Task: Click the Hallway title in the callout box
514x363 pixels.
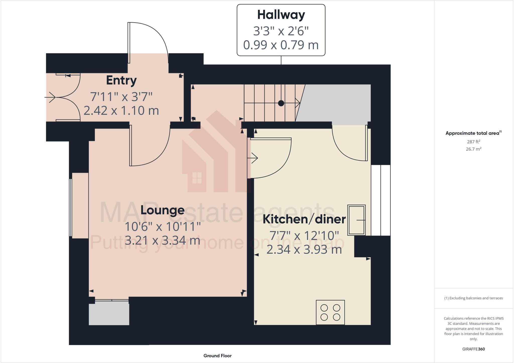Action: point(281,15)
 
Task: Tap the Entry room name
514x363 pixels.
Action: point(121,81)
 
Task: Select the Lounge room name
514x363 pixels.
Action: point(162,210)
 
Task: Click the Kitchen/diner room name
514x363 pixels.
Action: point(304,219)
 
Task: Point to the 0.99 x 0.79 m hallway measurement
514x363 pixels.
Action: point(281,45)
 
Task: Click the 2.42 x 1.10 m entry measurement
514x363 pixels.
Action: point(121,110)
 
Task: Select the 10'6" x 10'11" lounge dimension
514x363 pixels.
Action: point(163,227)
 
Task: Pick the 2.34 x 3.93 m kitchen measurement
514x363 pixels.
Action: point(304,250)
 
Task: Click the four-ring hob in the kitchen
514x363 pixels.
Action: point(330,312)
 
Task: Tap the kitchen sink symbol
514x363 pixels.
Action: point(356,220)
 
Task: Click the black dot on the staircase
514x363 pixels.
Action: point(281,103)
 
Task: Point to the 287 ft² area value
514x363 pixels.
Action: point(473,142)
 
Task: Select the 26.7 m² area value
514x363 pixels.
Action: point(473,149)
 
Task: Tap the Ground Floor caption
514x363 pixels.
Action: point(217,356)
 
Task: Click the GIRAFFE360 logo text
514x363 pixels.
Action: point(473,349)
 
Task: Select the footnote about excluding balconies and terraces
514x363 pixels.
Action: point(473,298)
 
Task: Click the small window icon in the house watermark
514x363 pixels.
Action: point(197,178)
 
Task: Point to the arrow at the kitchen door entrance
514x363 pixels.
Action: point(253,158)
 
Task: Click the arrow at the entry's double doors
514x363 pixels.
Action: point(51,97)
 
